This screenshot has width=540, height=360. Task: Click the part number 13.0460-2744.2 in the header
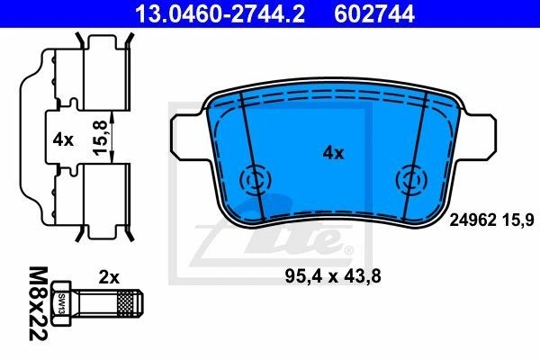[220, 13]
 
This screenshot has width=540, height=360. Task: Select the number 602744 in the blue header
[374, 13]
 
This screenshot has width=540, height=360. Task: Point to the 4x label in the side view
[63, 140]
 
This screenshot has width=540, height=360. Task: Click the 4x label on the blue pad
[333, 153]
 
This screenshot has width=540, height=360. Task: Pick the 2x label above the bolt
[109, 277]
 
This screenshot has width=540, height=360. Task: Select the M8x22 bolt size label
[38, 303]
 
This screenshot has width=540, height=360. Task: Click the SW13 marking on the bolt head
[62, 303]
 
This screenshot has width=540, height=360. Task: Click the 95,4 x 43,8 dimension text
[333, 276]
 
